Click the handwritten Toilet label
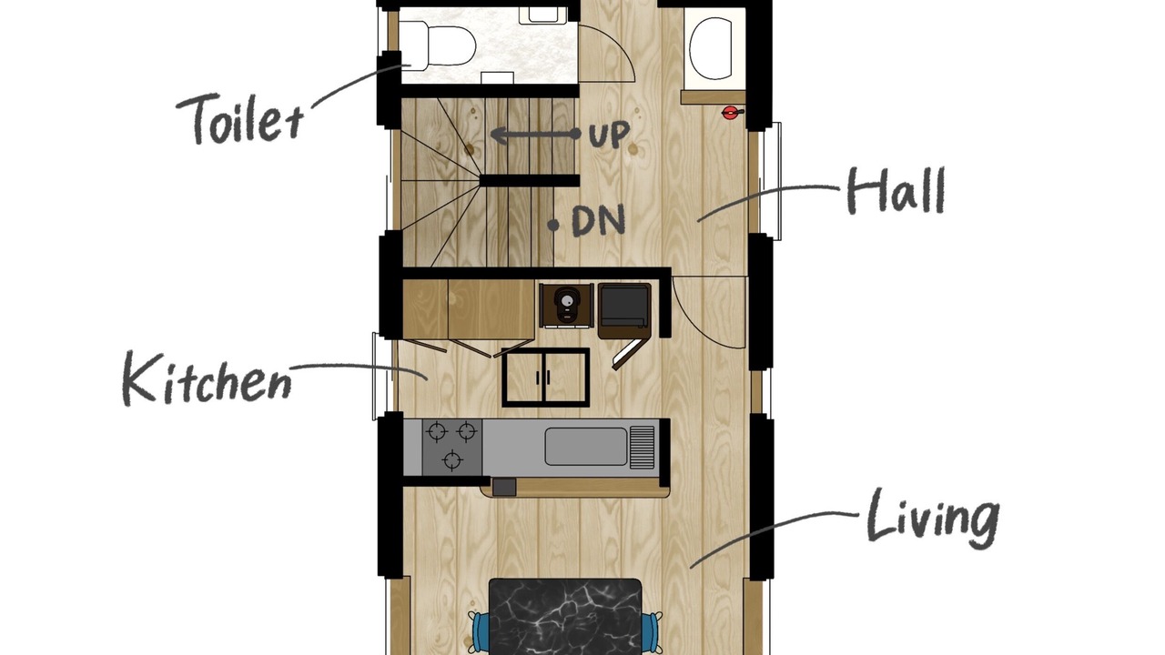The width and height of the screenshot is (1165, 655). tap(239, 119)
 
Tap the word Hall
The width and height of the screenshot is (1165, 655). tap(896, 191)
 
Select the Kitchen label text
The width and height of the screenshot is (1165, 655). tap(207, 378)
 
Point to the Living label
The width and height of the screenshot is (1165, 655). tap(933, 519)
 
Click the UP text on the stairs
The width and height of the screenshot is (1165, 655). tap(609, 135)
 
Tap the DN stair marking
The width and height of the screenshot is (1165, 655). tap(598, 221)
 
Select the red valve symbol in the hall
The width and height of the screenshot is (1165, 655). tap(731, 113)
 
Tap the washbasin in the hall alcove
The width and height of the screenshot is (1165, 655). tap(711, 48)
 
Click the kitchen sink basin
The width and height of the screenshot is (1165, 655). tap(586, 446)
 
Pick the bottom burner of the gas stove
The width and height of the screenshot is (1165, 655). tap(452, 460)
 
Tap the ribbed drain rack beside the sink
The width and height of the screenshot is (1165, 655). tap(643, 447)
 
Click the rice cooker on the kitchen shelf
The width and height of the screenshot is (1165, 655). tap(566, 306)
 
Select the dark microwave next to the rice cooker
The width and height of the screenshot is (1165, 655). tap(624, 307)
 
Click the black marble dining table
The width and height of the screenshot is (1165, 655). tap(565, 617)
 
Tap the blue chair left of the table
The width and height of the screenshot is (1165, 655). tap(479, 632)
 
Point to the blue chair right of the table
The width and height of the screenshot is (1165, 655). tap(652, 632)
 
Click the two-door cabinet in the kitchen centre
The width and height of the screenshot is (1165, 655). tap(545, 378)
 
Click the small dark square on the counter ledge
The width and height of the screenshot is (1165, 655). tap(504, 487)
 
